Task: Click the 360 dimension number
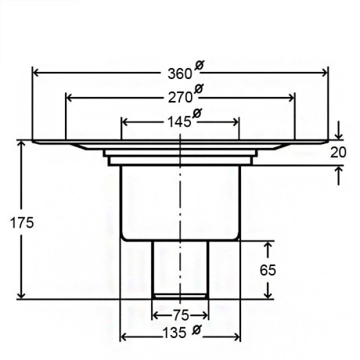pyautogui.click(x=180, y=74)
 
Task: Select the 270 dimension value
pyautogui.click(x=180, y=98)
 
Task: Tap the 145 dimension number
pyautogui.click(x=179, y=122)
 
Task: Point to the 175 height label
pyautogui.click(x=22, y=223)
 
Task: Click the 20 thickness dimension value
pyautogui.click(x=338, y=153)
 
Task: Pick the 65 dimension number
pyautogui.click(x=268, y=270)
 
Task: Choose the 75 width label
pyautogui.click(x=181, y=315)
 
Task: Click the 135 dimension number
pyautogui.click(x=175, y=333)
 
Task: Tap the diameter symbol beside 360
pyautogui.click(x=200, y=65)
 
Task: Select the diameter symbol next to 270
pyautogui.click(x=199, y=89)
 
